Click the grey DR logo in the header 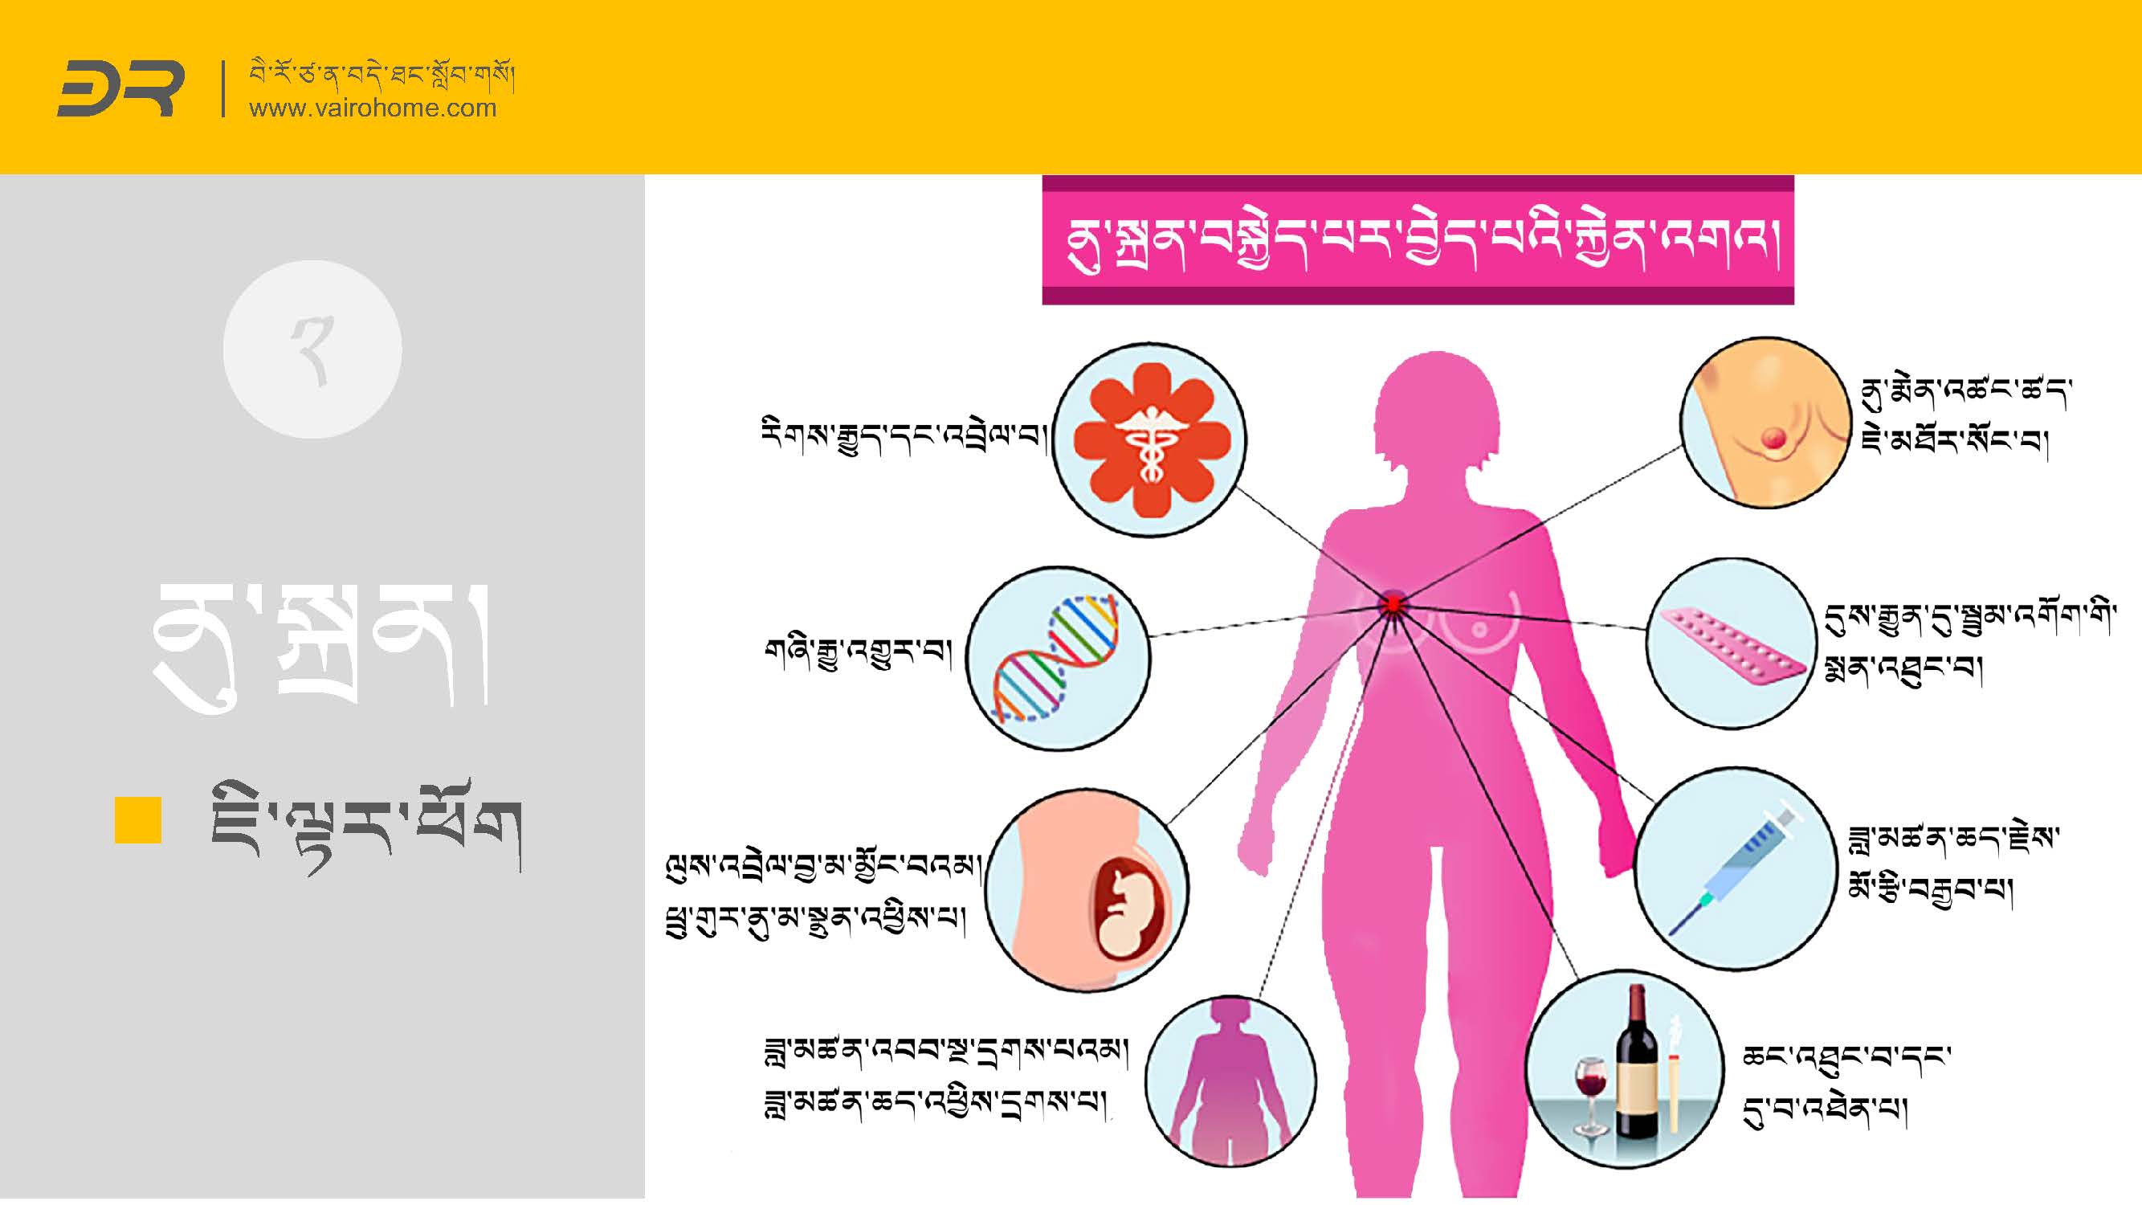[120, 88]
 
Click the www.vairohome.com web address [373, 108]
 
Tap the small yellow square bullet [137, 820]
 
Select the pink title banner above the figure [1417, 240]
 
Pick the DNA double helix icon [1057, 658]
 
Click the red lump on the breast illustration [1771, 436]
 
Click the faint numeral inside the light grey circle [312, 352]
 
